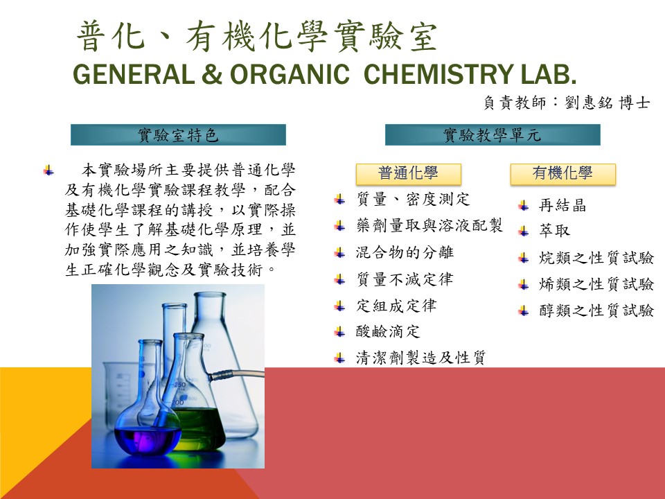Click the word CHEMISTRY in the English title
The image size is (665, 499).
click(x=438, y=74)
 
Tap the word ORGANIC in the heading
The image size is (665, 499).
click(x=290, y=74)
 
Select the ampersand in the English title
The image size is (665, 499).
click(x=212, y=74)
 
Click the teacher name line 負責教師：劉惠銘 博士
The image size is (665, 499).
click(x=567, y=103)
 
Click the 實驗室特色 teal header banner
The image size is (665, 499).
click(x=178, y=135)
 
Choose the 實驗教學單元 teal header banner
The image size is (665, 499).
click(x=493, y=135)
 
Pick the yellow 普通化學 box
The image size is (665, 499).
click(x=409, y=174)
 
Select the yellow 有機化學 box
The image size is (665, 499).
click(x=562, y=174)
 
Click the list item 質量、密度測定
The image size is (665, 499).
click(x=413, y=199)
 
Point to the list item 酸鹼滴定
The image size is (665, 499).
click(x=388, y=331)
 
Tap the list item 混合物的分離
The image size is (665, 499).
click(x=405, y=252)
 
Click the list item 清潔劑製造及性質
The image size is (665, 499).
click(x=421, y=358)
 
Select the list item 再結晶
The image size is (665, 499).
click(x=562, y=206)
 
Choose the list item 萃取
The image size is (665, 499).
click(x=554, y=231)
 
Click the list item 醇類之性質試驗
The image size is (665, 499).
click(x=596, y=310)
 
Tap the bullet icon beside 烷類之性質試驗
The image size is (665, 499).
click(x=524, y=259)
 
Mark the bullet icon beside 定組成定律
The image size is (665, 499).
click(x=339, y=306)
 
